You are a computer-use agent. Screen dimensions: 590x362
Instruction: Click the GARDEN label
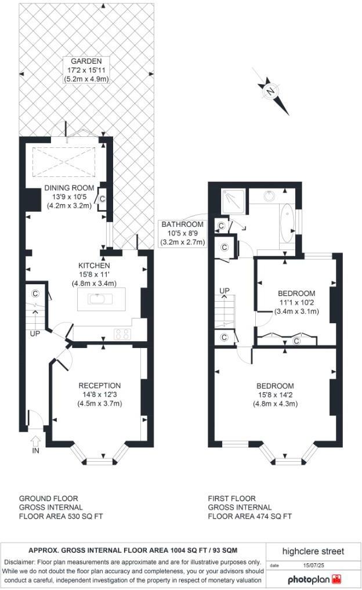[86, 61]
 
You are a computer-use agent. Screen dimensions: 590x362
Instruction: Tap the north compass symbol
[271, 92]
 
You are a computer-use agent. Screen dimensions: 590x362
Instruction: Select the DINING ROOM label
[69, 188]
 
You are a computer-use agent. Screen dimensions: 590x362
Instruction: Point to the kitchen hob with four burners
[123, 333]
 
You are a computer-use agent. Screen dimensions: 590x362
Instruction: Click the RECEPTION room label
[99, 386]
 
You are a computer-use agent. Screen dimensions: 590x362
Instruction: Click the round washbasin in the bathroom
[270, 196]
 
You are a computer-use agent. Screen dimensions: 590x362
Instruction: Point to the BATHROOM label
[182, 225]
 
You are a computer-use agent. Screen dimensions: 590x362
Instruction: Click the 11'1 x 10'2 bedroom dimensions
[296, 302]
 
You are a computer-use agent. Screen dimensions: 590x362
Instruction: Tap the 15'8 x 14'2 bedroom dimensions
[276, 395]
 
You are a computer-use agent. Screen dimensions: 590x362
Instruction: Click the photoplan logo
[314, 579]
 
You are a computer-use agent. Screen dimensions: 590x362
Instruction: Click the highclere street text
[313, 551]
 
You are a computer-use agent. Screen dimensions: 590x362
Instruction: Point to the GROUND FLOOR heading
[49, 498]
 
